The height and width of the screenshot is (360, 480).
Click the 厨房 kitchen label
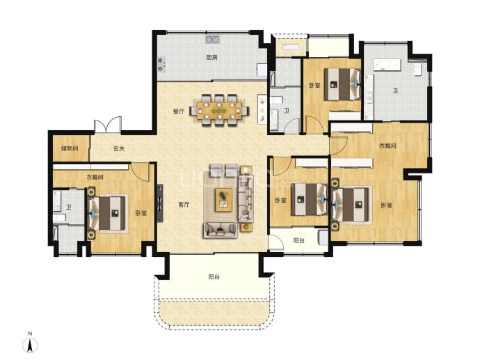[211, 57]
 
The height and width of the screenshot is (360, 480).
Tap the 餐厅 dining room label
[179, 111]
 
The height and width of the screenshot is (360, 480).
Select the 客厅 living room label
[184, 205]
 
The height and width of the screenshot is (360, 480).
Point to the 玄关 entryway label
[119, 148]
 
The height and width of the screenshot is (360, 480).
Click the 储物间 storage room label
[70, 148]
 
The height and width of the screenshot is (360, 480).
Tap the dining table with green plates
[220, 110]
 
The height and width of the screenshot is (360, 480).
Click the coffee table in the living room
[223, 200]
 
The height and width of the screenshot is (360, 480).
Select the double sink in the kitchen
[212, 39]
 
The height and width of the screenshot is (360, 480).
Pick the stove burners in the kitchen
[161, 64]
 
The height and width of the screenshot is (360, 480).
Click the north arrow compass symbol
[30, 345]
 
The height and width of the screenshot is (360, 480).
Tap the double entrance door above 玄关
[108, 125]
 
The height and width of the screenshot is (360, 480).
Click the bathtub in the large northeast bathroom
[387, 65]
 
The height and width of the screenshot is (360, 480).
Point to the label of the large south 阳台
[214, 277]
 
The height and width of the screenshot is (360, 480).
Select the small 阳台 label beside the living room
[298, 240]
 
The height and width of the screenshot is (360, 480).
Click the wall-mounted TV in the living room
[160, 203]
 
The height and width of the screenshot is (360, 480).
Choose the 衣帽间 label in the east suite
[388, 146]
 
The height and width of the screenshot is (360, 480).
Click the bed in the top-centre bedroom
[342, 84]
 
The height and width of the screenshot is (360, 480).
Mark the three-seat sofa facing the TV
[246, 198]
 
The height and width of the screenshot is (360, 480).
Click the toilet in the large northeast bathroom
[417, 69]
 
